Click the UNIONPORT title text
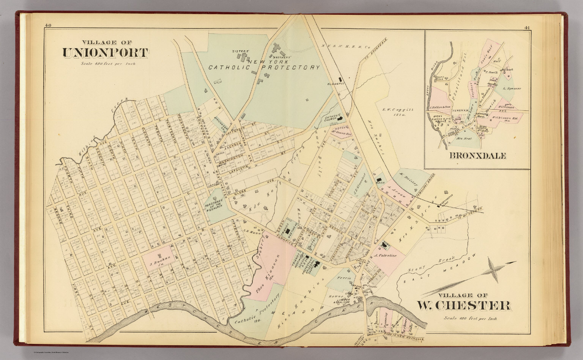pyautogui.click(x=105, y=53)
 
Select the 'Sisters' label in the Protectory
pyautogui.click(x=240, y=50)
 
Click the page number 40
pyautogui.click(x=48, y=25)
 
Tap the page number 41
pyautogui.click(x=527, y=27)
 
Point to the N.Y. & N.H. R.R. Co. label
pyautogui.click(x=346, y=47)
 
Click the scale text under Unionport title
pyautogui.click(x=108, y=64)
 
